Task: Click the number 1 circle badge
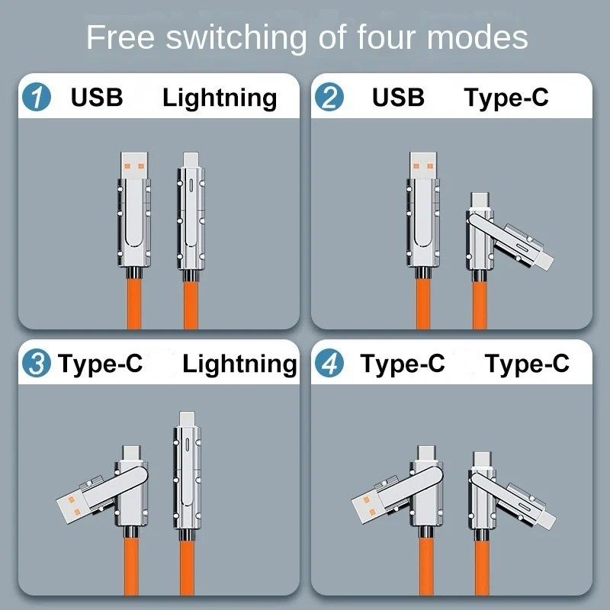point(37,98)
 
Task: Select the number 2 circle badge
point(330,98)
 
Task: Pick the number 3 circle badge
point(37,364)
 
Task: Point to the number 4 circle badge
point(330,364)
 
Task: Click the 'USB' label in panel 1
point(97,98)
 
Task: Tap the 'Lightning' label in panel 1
point(220,98)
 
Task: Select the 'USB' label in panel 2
point(398,98)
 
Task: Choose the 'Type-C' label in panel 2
point(506,98)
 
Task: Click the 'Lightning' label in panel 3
point(239,364)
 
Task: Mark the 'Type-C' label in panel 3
point(100,364)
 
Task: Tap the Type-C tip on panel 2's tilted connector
point(479,200)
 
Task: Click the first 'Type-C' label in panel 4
point(403,364)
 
